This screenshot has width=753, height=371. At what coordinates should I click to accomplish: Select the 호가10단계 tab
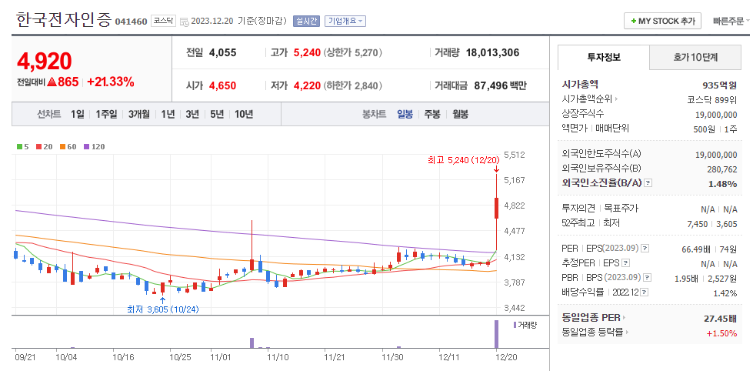(x=695, y=58)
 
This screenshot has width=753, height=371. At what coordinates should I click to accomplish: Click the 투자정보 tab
(x=604, y=58)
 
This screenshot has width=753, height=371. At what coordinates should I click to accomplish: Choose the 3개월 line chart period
(x=139, y=114)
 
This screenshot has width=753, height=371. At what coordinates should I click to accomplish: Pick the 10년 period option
(x=244, y=114)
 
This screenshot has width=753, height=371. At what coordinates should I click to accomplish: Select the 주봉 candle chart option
(x=432, y=114)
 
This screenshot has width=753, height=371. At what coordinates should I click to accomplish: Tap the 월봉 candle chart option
(x=460, y=114)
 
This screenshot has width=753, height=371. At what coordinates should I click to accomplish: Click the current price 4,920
(x=45, y=61)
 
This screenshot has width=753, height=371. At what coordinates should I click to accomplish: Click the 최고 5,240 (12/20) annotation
(x=463, y=160)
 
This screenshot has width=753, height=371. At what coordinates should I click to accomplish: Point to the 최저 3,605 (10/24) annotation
(x=163, y=309)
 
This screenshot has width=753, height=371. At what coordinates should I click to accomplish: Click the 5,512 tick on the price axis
(x=514, y=155)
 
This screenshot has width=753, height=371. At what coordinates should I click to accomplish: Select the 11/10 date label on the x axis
(x=277, y=357)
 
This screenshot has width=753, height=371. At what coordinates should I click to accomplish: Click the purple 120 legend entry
(x=94, y=146)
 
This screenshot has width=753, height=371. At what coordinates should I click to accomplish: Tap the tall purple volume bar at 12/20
(x=496, y=334)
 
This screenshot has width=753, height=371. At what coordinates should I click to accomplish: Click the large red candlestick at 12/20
(x=496, y=208)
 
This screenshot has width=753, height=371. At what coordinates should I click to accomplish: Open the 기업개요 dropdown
(x=345, y=22)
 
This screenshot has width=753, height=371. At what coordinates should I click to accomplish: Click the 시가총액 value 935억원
(x=720, y=85)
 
